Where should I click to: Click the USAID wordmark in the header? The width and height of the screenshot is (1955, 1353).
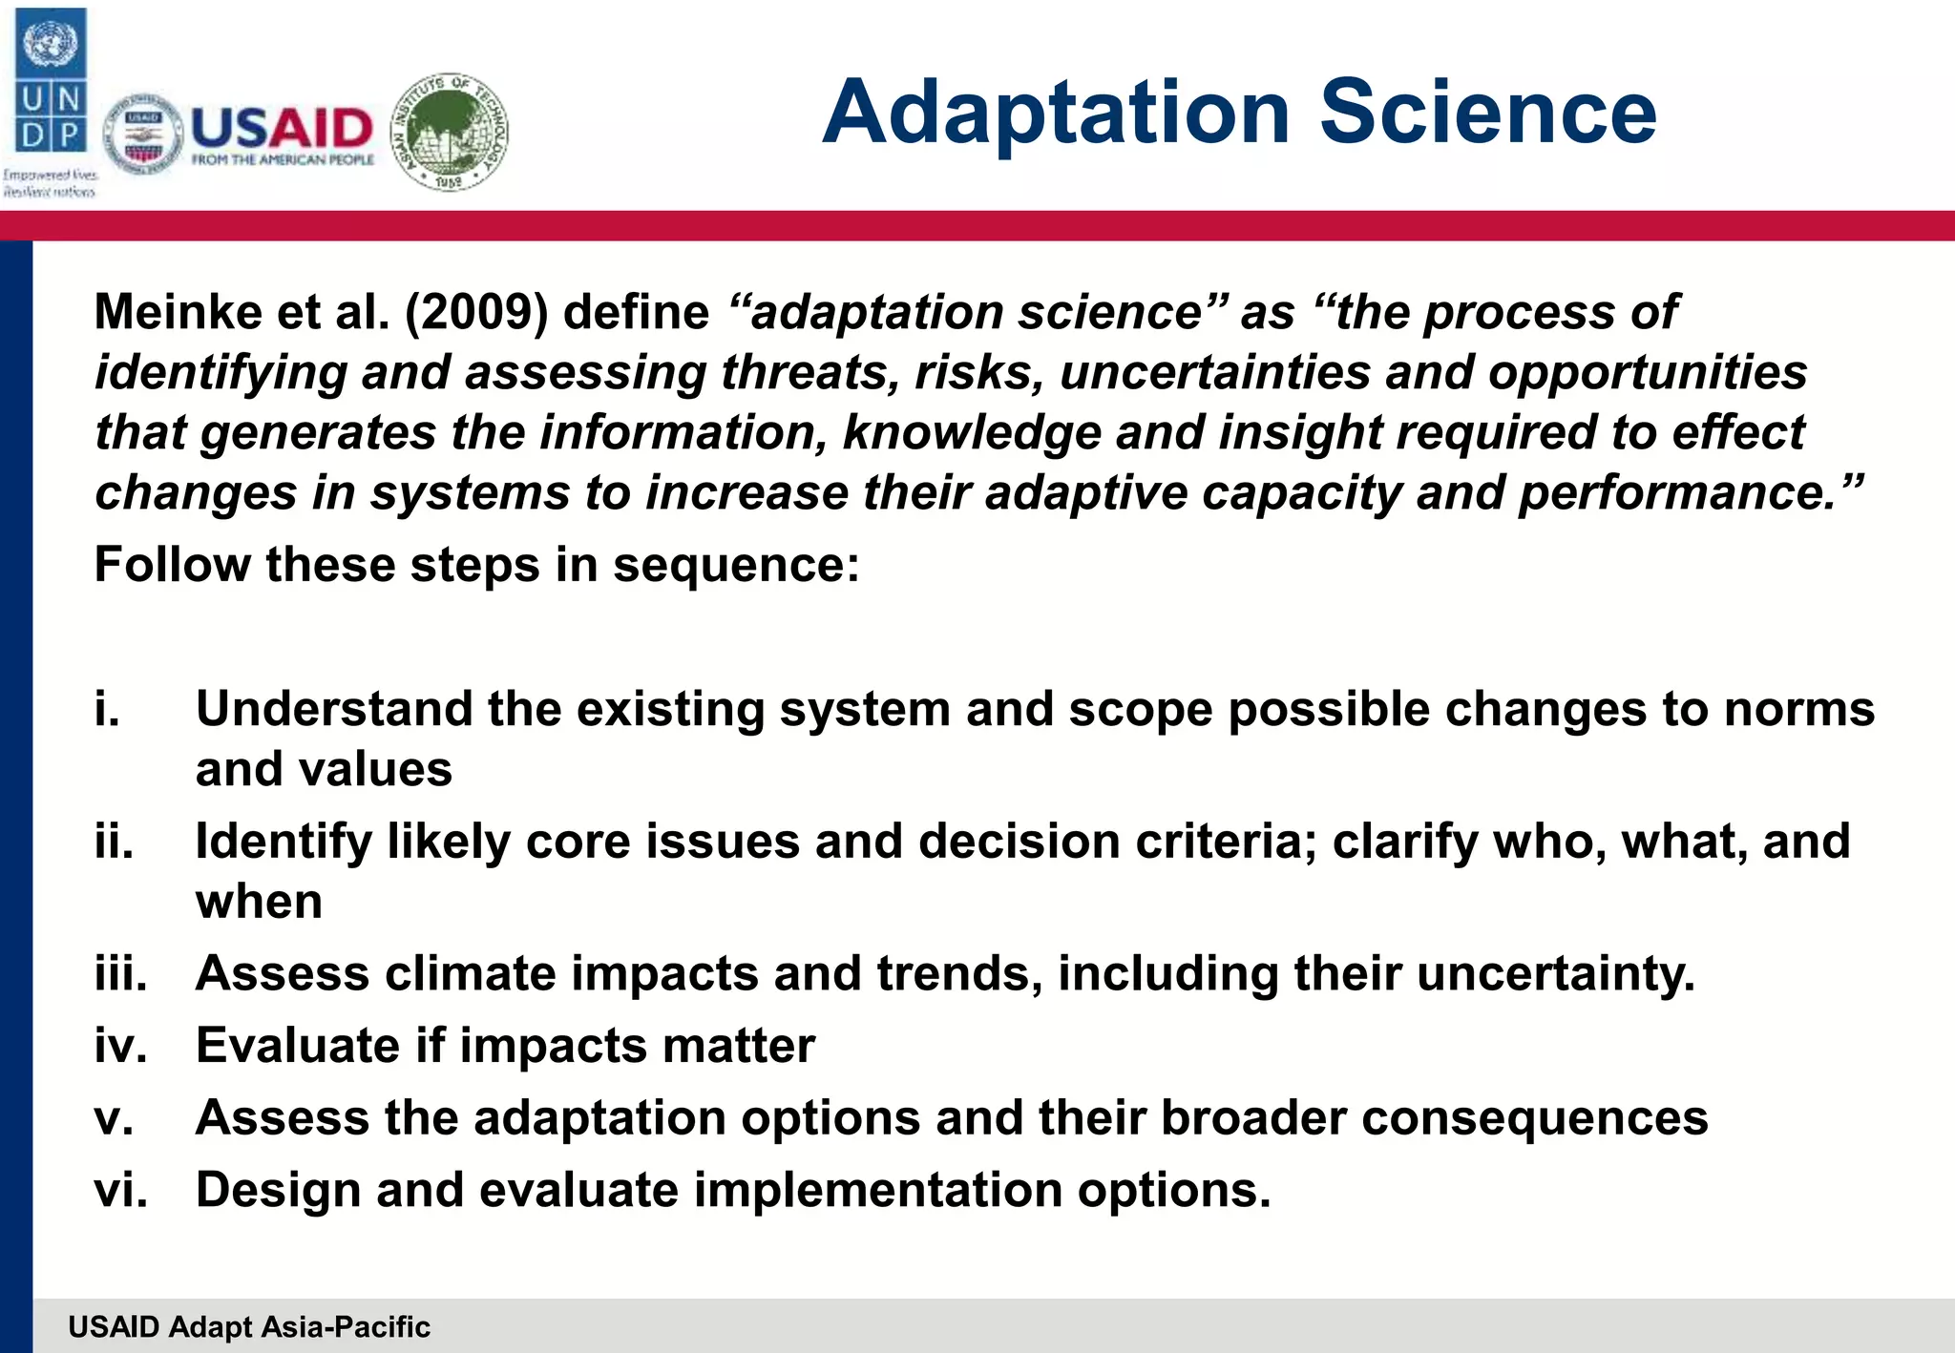pyautogui.click(x=283, y=128)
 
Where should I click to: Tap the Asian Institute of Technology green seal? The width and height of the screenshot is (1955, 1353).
pyautogui.click(x=451, y=132)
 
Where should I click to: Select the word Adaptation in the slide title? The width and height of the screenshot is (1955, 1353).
pyautogui.click(x=1056, y=112)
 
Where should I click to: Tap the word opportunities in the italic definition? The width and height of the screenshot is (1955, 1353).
pyautogui.click(x=1647, y=372)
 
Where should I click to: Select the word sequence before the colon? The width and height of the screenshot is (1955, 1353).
pyautogui.click(x=735, y=565)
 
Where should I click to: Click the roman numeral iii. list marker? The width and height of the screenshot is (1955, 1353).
pyautogui.click(x=121, y=973)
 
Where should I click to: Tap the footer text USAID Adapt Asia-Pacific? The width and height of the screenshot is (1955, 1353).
pyautogui.click(x=249, y=1326)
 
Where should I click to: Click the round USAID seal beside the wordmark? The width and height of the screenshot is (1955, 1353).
pyautogui.click(x=143, y=135)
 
